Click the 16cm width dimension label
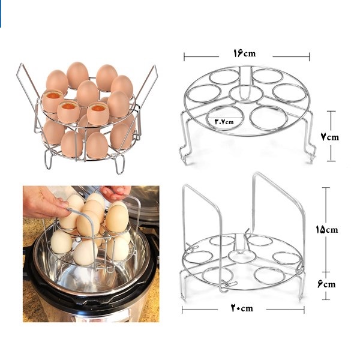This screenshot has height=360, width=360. tap(244, 53)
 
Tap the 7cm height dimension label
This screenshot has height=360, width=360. tap(329, 137)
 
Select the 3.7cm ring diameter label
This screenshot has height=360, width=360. tap(224, 121)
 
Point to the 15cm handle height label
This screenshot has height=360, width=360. tap(327, 229)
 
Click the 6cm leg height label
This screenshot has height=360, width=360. tap(326, 284)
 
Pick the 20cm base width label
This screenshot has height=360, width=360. tap(242, 308)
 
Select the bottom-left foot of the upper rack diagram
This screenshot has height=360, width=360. tap(184, 155)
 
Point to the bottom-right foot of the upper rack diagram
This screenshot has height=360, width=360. tap(310, 155)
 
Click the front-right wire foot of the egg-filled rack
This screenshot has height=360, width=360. tap(119, 164)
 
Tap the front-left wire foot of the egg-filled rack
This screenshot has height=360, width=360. tap(49, 160)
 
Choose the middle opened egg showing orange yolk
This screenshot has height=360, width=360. tap(68, 112)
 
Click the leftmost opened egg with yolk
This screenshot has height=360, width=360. tap(52, 101)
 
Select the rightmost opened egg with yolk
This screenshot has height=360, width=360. tap(98, 113)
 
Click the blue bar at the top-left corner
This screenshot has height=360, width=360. tap(1, 14)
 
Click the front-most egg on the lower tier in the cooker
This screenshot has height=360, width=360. tap(85, 253)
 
